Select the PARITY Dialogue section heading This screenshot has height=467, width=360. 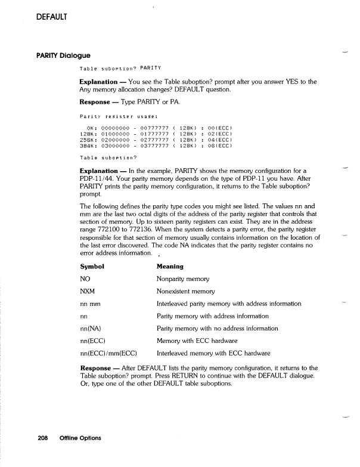(x=66, y=55)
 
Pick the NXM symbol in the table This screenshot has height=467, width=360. (x=88, y=291)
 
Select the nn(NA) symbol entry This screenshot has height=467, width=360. (x=94, y=329)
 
